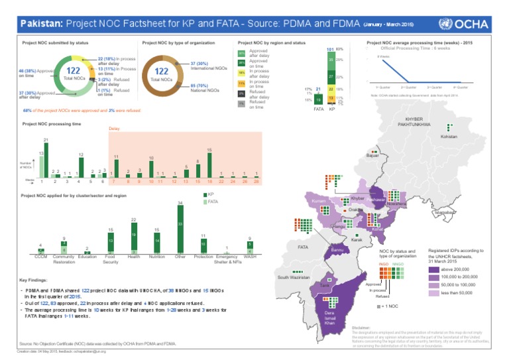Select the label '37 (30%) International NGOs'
coord(207,65)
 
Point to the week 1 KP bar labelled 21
coord(45,160)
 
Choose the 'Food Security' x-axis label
coord(110,260)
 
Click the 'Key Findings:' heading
coord(33,280)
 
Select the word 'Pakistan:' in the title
coord(39,24)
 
